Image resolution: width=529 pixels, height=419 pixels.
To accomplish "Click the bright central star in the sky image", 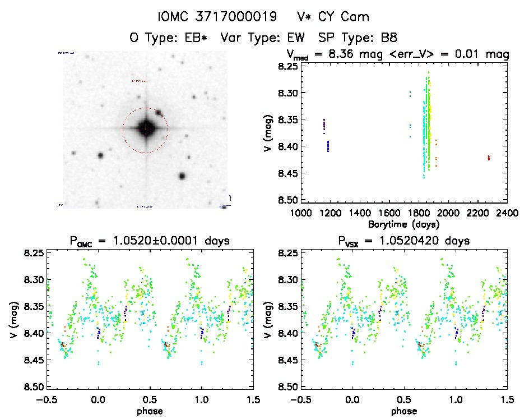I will point(145,129).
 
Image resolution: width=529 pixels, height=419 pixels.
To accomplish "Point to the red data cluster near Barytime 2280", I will point(489,158).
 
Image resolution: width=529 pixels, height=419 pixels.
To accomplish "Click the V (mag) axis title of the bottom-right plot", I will point(271,320).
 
